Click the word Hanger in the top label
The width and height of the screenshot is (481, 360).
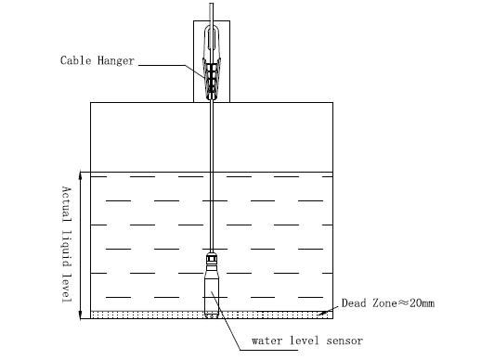115,61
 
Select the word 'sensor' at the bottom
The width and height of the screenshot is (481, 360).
344,341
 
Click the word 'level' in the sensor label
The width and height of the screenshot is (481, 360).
305,341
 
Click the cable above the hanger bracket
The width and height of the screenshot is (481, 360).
213,14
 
